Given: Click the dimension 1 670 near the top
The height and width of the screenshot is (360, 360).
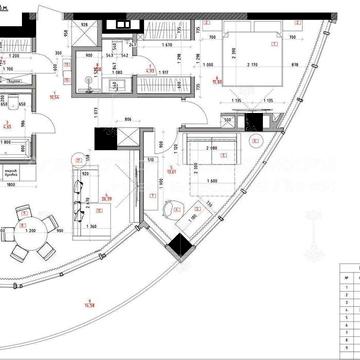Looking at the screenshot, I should [x=163, y=45].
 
